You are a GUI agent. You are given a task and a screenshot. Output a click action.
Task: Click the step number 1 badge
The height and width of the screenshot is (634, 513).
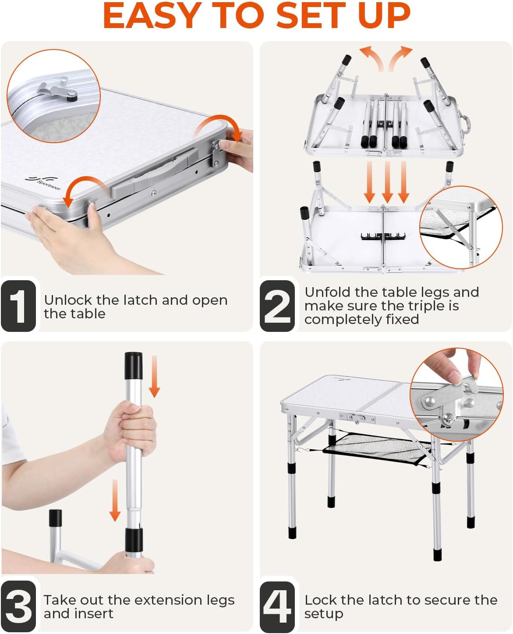click(x=18, y=306)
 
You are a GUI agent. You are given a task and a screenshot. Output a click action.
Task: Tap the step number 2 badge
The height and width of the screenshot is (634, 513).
click(x=277, y=306)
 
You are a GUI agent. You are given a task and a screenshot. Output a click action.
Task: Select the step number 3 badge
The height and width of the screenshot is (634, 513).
click(x=18, y=606)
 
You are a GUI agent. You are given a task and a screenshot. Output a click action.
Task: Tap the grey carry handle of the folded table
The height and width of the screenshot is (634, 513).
click(x=154, y=173)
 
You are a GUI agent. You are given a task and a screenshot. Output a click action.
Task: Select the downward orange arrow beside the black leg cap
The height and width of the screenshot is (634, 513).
click(x=154, y=376)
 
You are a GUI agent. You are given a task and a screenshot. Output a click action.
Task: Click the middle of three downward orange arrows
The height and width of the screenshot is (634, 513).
click(x=387, y=182)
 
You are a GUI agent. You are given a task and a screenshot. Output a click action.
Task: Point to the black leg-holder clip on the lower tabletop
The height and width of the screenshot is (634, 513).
click(x=383, y=236)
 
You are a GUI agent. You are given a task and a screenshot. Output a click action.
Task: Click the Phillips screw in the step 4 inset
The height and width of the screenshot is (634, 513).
click(x=447, y=419)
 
